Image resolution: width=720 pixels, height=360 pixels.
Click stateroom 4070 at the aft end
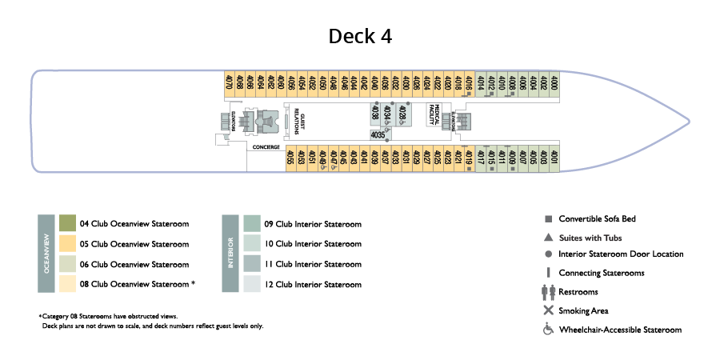230,83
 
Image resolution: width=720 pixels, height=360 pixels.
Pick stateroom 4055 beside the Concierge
291,158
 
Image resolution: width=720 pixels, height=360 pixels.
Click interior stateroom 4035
378,135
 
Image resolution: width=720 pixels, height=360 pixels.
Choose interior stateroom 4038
374,114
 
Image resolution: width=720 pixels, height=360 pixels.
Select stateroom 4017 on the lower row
480,158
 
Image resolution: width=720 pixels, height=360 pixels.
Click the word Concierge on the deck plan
266,147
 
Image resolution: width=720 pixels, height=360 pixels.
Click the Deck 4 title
360,37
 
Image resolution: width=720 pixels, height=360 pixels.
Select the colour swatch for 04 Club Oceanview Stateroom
68,224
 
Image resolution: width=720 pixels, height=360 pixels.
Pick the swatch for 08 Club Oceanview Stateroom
68,284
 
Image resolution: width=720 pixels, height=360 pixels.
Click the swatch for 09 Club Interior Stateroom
252,224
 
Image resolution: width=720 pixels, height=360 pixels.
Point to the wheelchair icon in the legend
548,329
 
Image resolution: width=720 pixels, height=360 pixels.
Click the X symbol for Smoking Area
548,310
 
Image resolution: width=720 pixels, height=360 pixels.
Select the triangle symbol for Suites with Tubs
548,237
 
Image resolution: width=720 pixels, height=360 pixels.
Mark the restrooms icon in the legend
548,292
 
